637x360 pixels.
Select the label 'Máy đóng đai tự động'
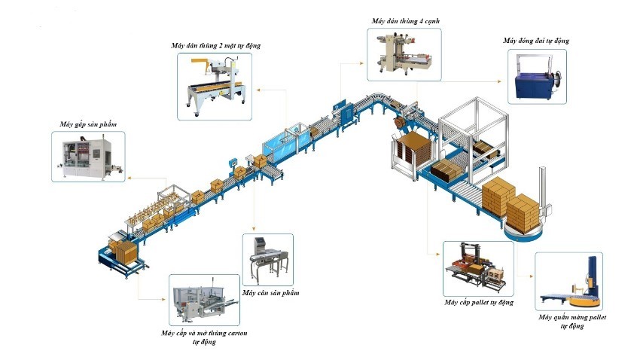click(536, 40)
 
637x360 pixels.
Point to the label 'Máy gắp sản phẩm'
click(88, 123)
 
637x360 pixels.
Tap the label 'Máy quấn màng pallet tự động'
click(572, 322)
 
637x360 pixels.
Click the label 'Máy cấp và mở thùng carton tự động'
click(204, 337)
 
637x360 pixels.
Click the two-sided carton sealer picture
click(215, 87)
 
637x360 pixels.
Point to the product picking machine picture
click(88, 155)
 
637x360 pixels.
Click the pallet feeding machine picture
click(478, 269)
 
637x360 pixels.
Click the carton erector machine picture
click(203, 301)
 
